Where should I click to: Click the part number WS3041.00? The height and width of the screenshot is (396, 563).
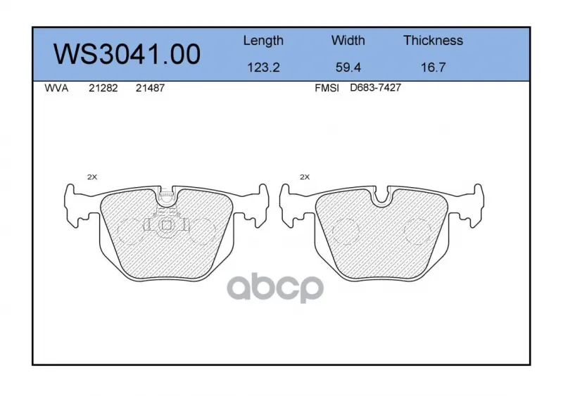point(127,55)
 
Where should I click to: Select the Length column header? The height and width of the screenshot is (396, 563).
point(263,41)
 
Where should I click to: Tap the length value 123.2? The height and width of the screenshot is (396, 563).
point(263,68)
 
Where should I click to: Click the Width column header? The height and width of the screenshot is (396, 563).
point(348,40)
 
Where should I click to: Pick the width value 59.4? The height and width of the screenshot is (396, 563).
point(348,68)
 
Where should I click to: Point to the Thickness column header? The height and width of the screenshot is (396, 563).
point(433,40)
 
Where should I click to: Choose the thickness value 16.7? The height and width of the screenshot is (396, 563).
point(433,68)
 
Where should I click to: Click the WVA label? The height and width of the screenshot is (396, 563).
point(56,88)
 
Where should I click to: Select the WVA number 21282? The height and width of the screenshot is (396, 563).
point(103,88)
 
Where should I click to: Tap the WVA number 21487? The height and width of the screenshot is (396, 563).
point(150,88)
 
